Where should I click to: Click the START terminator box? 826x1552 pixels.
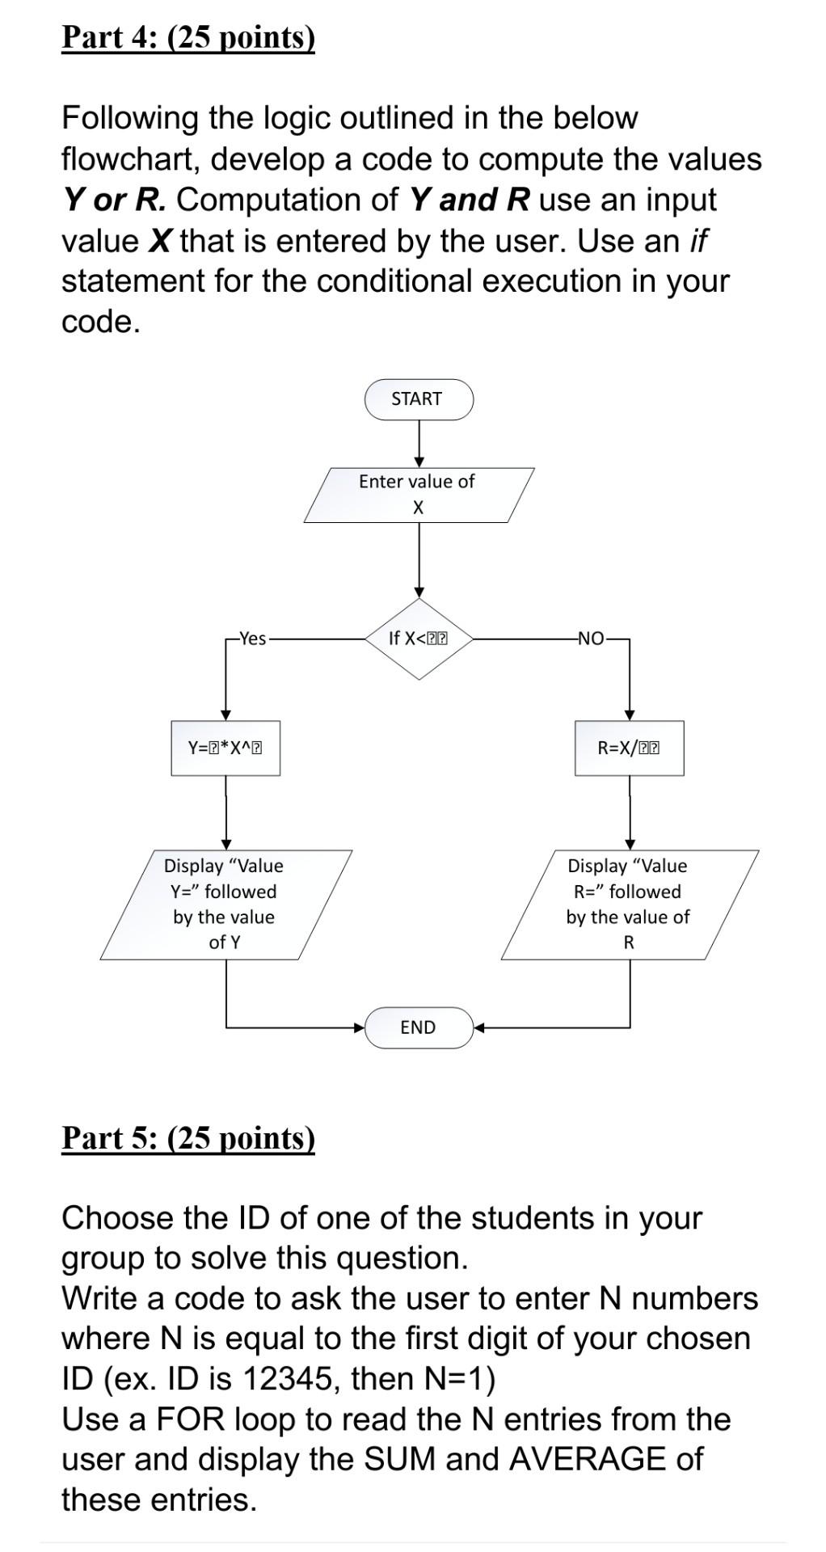[x=418, y=399]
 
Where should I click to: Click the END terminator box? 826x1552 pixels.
[x=418, y=1027]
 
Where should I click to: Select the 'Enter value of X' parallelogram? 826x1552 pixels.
[x=419, y=495]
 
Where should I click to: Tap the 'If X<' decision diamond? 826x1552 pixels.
[x=418, y=639]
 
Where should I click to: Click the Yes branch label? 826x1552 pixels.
[x=252, y=639]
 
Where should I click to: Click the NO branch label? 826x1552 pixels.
[x=591, y=639]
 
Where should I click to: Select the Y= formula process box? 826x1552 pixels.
[x=225, y=749]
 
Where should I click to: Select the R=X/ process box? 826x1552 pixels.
[x=629, y=749]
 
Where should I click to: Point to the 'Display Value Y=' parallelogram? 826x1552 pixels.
[x=225, y=905]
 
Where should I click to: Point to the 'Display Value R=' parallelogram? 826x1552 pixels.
[x=629, y=905]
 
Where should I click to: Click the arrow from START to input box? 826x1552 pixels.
[x=419, y=444]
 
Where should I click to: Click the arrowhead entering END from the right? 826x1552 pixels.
[x=478, y=1028]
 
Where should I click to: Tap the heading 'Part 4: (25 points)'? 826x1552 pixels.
[x=188, y=38]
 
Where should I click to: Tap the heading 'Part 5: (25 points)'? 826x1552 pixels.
[x=188, y=1138]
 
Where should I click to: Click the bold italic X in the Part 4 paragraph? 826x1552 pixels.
[x=160, y=241]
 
